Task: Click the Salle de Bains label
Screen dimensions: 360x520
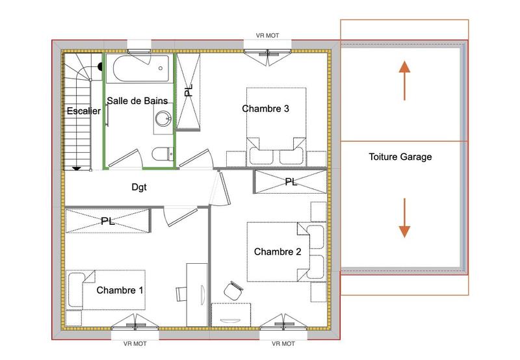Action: (137, 101)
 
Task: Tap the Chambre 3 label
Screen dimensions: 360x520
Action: (265, 109)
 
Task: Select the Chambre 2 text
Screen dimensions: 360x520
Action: (277, 251)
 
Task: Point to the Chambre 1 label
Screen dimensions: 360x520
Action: (120, 290)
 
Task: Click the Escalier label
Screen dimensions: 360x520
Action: (84, 111)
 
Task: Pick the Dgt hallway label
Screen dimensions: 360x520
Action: (138, 187)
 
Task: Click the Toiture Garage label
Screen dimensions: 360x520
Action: (400, 157)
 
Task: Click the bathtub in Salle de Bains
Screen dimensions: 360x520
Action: (138, 68)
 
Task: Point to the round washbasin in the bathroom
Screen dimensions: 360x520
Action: (163, 119)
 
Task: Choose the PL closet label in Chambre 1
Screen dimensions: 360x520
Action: (107, 221)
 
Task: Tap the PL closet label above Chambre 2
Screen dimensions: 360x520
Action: (291, 183)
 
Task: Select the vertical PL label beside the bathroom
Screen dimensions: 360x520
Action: (188, 91)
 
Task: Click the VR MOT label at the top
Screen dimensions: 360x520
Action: (268, 36)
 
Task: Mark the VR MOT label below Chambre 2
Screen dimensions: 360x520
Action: (284, 344)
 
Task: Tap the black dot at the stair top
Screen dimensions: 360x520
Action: (100, 66)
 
